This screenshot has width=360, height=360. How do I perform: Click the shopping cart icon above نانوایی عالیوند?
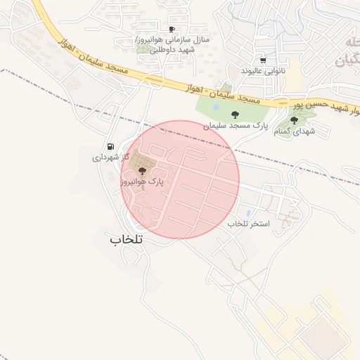pyautogui.click(x=263, y=60)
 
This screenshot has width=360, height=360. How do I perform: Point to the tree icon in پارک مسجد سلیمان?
pyautogui.click(x=235, y=114)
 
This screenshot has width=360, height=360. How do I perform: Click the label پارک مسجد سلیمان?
pyautogui.click(x=236, y=125)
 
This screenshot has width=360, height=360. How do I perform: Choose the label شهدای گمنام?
pyautogui.click(x=296, y=131)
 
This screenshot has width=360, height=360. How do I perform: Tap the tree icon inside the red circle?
pyautogui.click(x=142, y=169)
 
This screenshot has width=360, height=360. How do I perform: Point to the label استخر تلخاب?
pyautogui.click(x=249, y=223)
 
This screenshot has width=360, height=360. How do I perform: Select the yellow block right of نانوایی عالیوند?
pyautogui.click(x=292, y=71)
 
